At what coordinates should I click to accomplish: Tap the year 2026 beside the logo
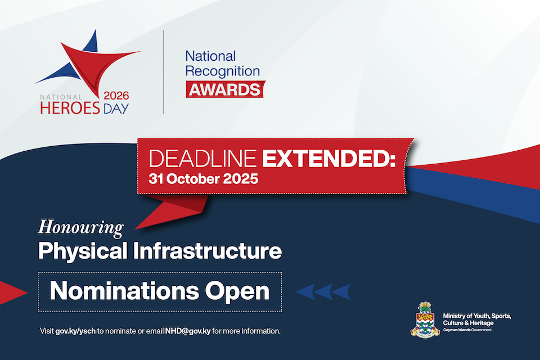click(116, 96)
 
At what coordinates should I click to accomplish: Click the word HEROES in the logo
click(70, 108)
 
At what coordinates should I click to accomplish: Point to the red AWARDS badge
click(226, 89)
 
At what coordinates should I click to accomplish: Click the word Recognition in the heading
click(223, 71)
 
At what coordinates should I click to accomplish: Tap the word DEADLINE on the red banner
click(203, 159)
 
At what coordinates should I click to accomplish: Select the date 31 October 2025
click(204, 179)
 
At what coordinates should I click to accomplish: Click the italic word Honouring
click(81, 228)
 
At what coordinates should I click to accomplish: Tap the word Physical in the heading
click(83, 251)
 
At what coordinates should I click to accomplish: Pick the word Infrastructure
click(208, 250)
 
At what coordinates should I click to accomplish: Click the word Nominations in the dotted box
click(124, 291)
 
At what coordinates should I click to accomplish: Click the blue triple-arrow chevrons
click(323, 292)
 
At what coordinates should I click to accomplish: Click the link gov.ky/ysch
click(75, 331)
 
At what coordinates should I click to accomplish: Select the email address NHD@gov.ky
click(188, 331)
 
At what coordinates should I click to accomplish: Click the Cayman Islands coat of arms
click(425, 319)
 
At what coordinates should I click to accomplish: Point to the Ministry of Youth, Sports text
click(477, 316)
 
